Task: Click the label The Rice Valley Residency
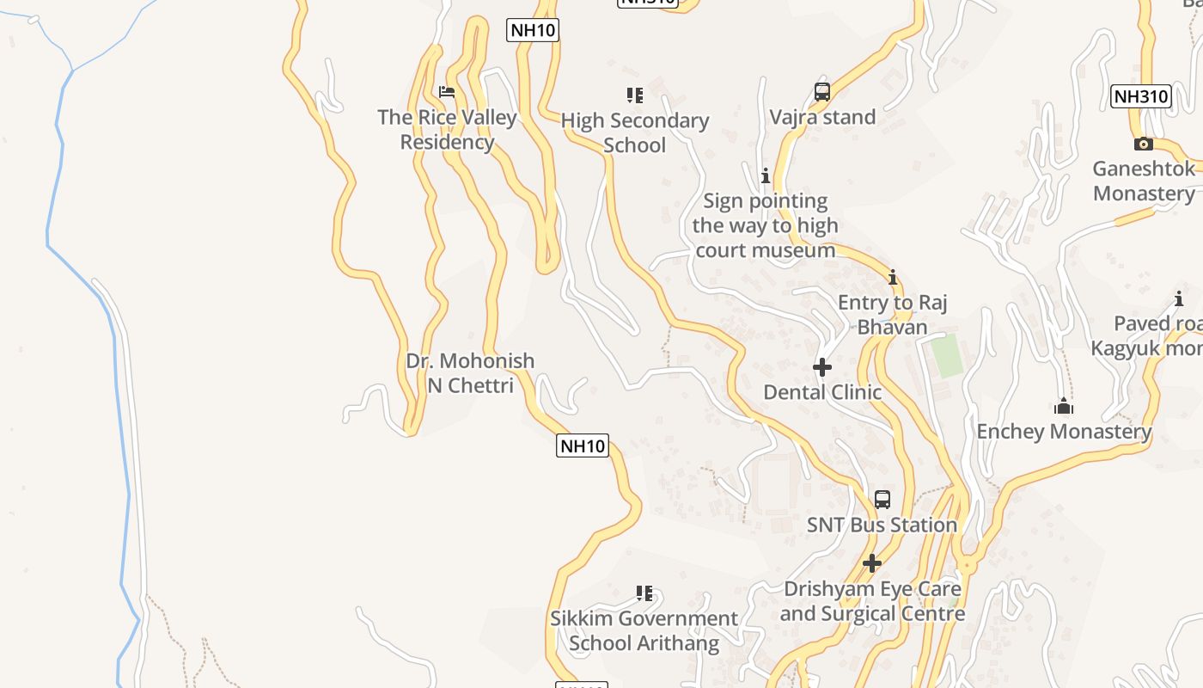[447, 130]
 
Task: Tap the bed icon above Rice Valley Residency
[447, 91]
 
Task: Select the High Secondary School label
[635, 132]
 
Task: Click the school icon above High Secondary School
[635, 95]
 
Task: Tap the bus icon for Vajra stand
[822, 92]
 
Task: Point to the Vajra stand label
[822, 117]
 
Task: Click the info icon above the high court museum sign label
[766, 176]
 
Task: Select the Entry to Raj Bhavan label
[893, 315]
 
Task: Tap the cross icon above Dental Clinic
[822, 367]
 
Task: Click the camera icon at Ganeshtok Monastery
[1143, 144]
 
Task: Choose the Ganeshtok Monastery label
[1144, 181]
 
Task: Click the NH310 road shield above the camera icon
[1141, 96]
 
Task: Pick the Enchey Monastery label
[1064, 431]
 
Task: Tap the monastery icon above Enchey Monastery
[1064, 406]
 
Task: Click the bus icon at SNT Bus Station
[882, 499]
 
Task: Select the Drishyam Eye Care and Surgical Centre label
[872, 601]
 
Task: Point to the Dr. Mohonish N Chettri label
[470, 372]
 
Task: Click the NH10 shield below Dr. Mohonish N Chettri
[583, 445]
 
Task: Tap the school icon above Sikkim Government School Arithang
[644, 593]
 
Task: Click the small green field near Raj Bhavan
[947, 356]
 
